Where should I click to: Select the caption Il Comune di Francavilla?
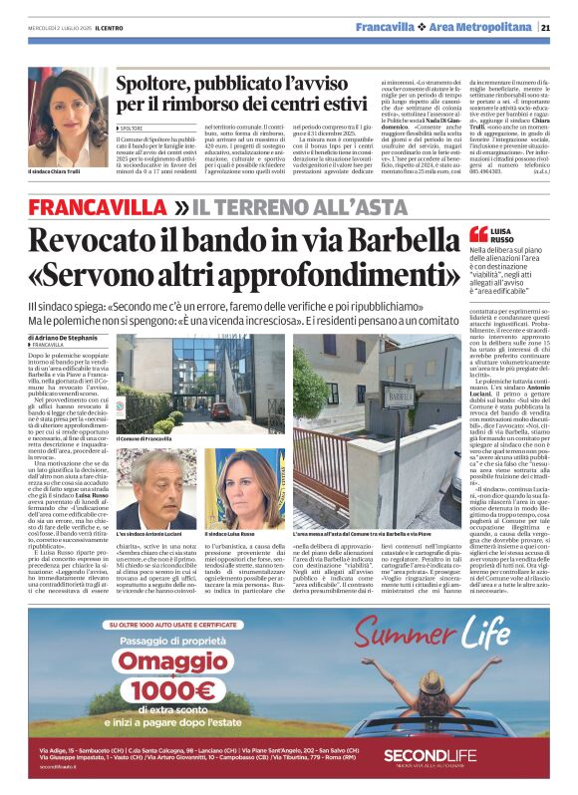tap(144, 439)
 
